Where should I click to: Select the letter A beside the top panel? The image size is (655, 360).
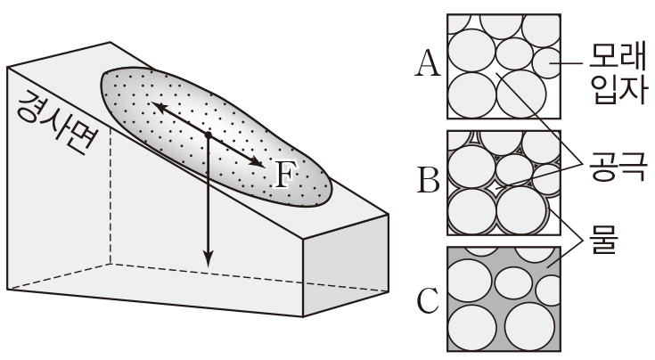[428, 63]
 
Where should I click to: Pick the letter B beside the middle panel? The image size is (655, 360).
[428, 182]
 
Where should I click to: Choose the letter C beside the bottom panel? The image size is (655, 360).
[428, 301]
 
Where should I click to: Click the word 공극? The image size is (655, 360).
[614, 166]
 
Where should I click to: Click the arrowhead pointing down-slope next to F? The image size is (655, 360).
[259, 162]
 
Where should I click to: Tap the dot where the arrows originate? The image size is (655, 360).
[208, 135]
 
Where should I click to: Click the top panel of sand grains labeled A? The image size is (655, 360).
[504, 66]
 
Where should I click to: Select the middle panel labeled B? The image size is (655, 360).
[504, 183]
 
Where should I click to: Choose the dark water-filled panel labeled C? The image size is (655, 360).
[504, 299]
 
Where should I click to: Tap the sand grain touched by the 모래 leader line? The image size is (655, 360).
[547, 64]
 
